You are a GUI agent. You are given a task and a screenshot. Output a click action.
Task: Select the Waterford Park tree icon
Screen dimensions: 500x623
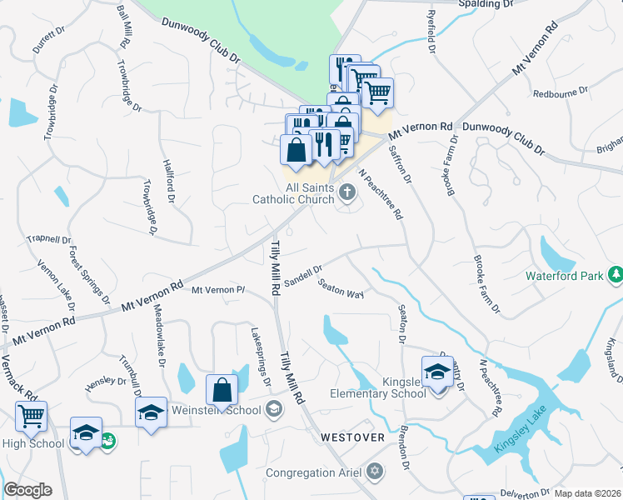coord(615,274)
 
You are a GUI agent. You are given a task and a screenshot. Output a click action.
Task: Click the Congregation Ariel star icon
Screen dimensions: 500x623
coord(375,472)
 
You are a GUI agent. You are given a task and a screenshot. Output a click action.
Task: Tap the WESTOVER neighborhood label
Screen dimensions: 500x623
coord(353,437)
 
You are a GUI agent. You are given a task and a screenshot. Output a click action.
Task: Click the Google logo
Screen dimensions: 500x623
coord(27,490)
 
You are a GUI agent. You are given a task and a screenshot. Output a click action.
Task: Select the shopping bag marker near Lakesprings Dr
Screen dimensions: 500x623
coord(222,389)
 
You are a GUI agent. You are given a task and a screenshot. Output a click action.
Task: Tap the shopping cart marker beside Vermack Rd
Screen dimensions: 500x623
coord(32,415)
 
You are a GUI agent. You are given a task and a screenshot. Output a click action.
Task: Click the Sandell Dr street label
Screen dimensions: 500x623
coord(303,276)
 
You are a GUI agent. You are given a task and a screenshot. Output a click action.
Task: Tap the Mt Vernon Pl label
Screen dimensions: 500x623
coord(217,290)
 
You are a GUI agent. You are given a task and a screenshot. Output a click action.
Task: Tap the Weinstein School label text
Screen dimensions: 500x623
coord(216,410)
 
